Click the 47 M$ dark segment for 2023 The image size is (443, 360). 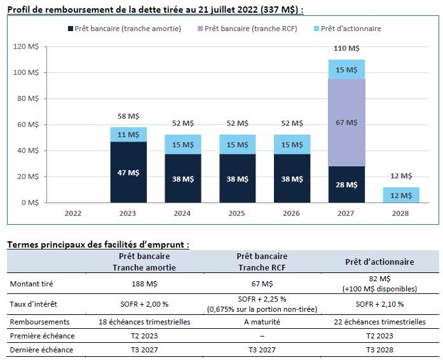(128, 172)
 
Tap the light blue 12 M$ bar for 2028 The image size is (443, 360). (400, 194)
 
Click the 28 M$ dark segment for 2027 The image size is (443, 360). (346, 185)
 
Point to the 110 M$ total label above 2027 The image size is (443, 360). (346, 48)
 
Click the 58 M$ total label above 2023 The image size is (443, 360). (128, 116)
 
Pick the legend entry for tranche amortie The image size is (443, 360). (123, 29)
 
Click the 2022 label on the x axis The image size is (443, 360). (74, 213)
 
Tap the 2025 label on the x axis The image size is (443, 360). (237, 213)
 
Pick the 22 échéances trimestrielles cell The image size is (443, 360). (379, 322)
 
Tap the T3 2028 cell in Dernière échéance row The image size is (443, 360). (379, 349)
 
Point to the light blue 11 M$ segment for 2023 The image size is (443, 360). (128, 135)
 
